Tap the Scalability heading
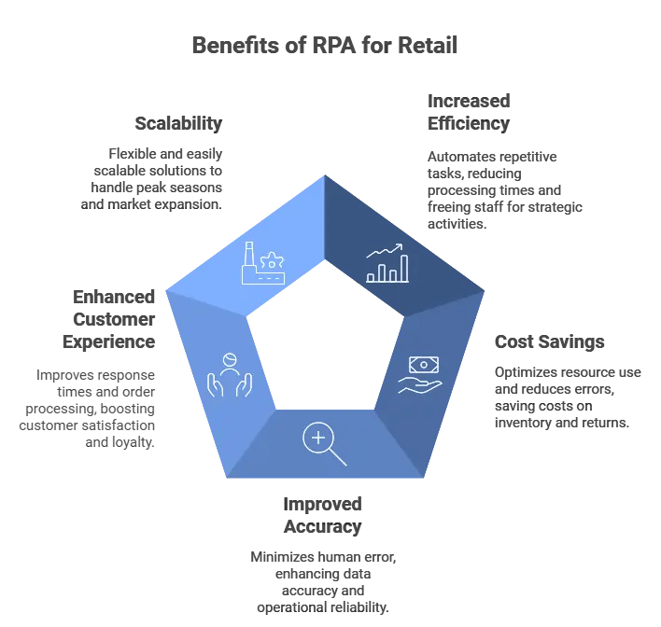(x=178, y=123)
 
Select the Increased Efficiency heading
(x=469, y=112)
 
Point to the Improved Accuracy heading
(x=322, y=515)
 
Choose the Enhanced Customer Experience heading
(x=108, y=318)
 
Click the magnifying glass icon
(x=323, y=443)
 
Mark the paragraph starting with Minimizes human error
(x=323, y=581)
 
